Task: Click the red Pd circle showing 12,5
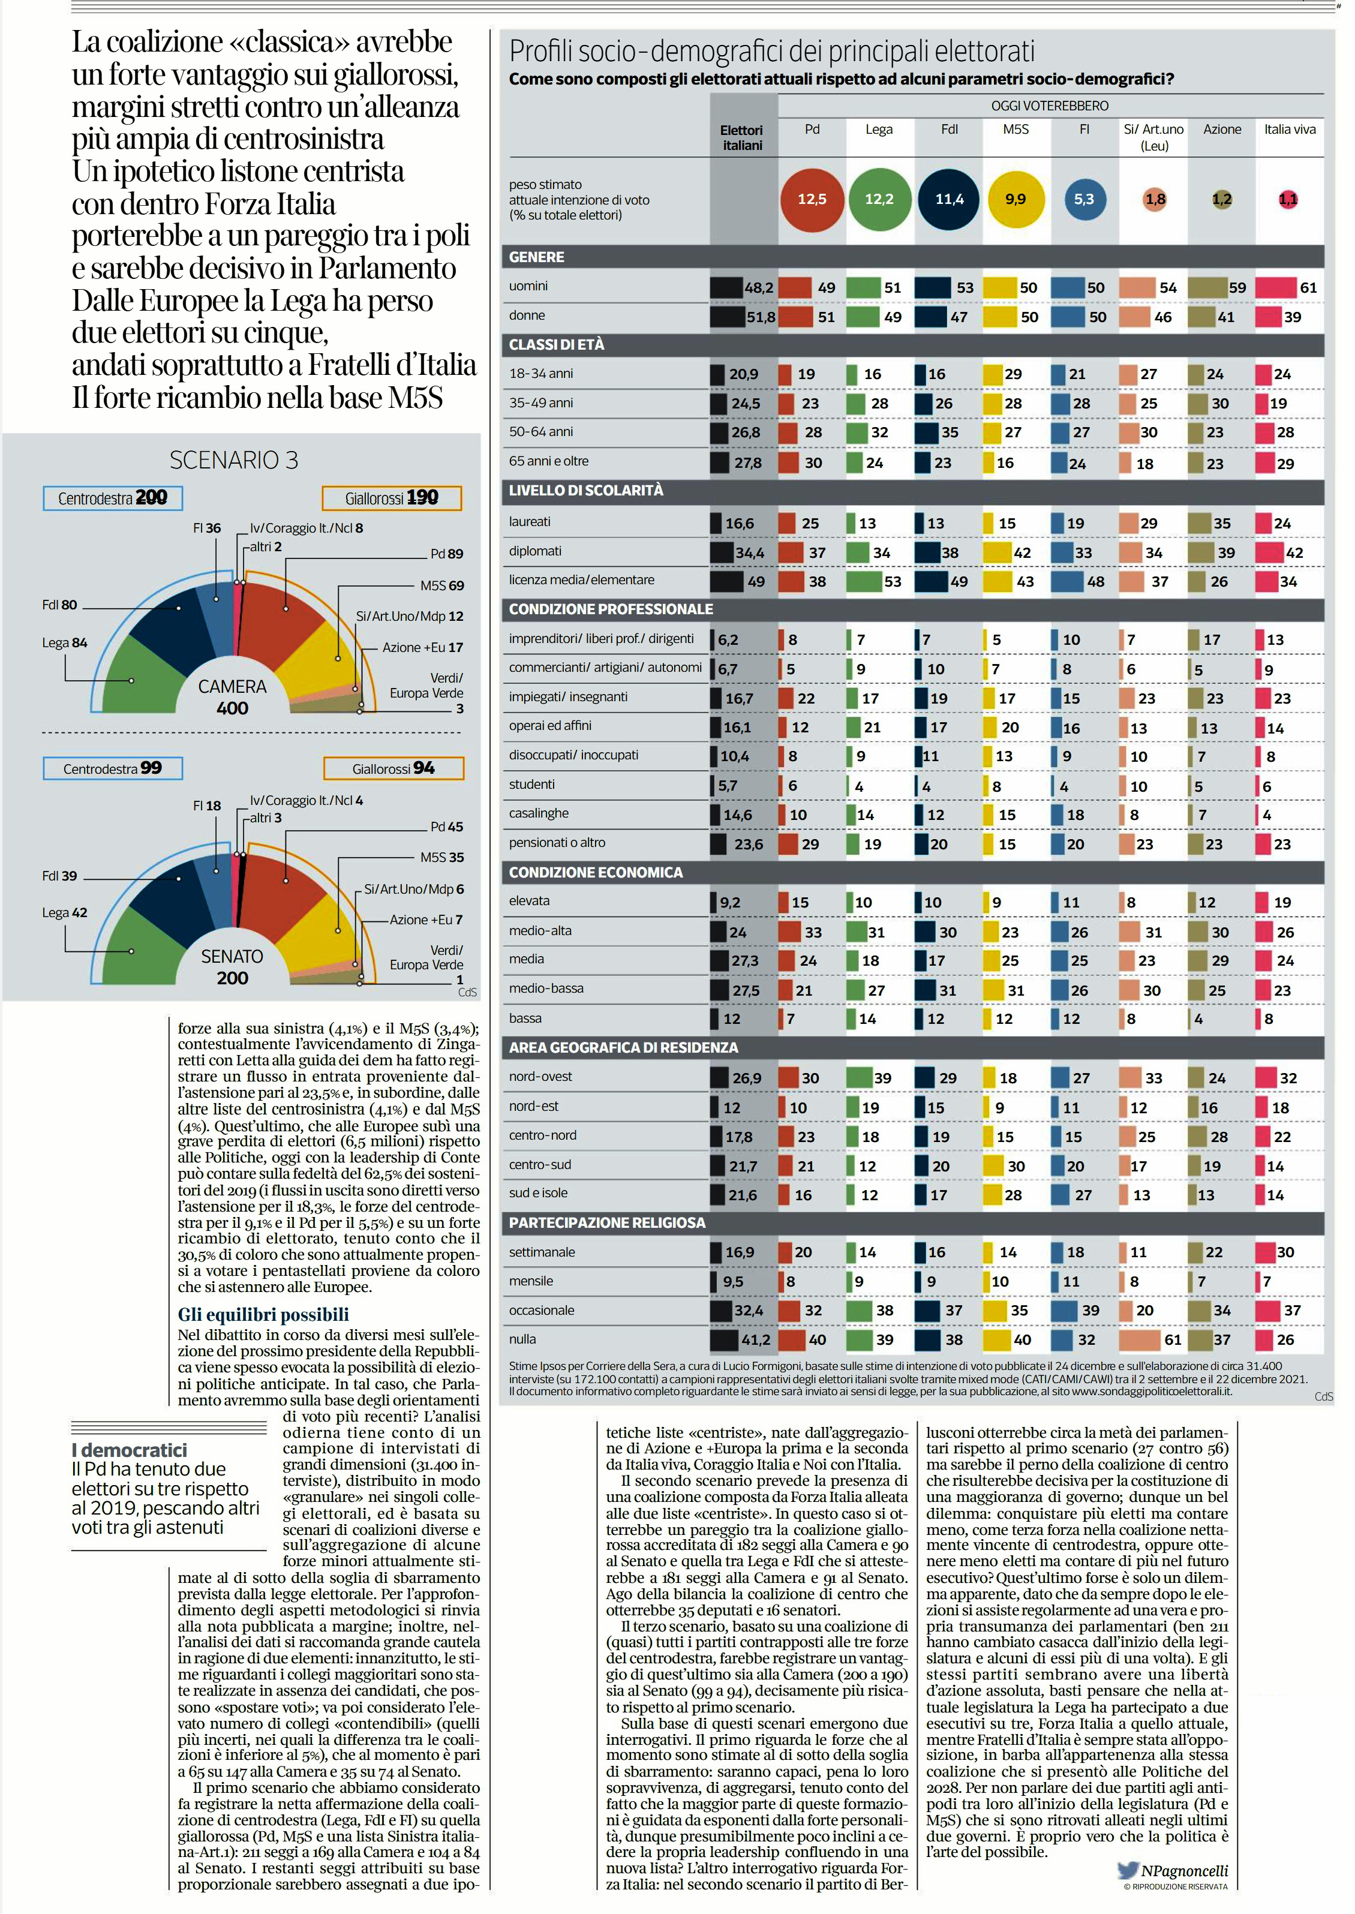coord(812,199)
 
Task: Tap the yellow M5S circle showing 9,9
coord(1016,199)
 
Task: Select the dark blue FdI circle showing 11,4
coord(949,199)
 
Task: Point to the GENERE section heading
coord(536,257)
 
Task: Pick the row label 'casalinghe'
coord(539,813)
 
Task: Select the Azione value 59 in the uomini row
coord(1237,288)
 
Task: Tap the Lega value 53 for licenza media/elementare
coord(892,582)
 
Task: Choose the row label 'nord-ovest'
coord(540,1076)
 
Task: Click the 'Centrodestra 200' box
coord(113,498)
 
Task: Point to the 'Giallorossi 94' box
coord(393,768)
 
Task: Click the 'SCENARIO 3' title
coord(233,459)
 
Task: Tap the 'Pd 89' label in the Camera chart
coord(446,553)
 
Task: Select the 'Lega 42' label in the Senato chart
coord(64,913)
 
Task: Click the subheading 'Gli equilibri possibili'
coord(263,1315)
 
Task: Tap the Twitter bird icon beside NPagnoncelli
coord(1128,1870)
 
